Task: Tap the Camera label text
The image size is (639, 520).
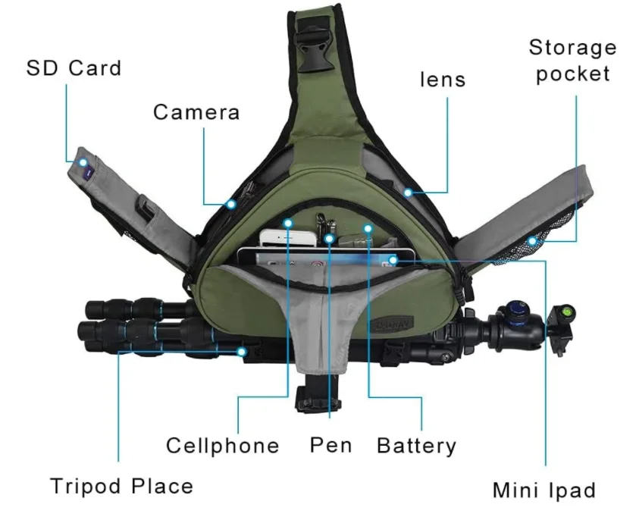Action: (196, 112)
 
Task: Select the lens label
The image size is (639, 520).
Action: (443, 79)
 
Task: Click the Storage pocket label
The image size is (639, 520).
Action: (572, 61)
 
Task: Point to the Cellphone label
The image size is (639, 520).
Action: (223, 445)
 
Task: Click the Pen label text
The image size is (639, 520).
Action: (330, 444)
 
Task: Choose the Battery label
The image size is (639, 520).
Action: (416, 445)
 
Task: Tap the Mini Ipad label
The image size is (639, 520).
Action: (544, 490)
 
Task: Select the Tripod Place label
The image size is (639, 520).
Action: (122, 485)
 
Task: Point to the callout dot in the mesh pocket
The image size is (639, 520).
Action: (533, 241)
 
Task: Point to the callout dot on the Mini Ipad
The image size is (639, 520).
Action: (391, 262)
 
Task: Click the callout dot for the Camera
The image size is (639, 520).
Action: (230, 204)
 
